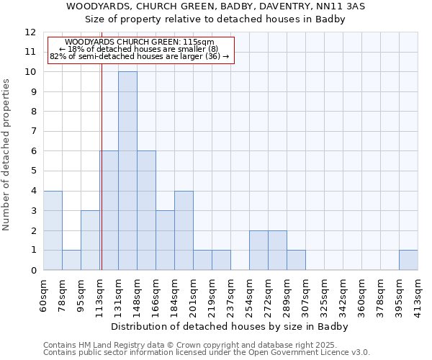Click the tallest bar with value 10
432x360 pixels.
pyautogui.click(x=127, y=171)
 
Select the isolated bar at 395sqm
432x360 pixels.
pyautogui.click(x=408, y=260)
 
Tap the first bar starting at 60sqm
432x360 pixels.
pyautogui.click(x=53, y=230)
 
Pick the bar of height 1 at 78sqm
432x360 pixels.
pyautogui.click(x=71, y=260)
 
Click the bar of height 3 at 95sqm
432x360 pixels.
pyautogui.click(x=90, y=240)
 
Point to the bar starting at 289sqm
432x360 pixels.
pyautogui.click(x=296, y=260)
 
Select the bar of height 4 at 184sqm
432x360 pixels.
pyautogui.click(x=184, y=230)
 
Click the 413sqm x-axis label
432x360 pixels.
pyautogui.click(x=418, y=294)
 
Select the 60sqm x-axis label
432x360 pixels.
pyautogui.click(x=44, y=294)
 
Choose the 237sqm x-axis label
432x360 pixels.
pyautogui.click(x=231, y=294)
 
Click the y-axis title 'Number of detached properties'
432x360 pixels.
pyautogui.click(x=6, y=156)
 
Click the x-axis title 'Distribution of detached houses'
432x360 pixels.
pyautogui.click(x=230, y=327)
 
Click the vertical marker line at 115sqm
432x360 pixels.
pyautogui.click(x=102, y=180)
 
